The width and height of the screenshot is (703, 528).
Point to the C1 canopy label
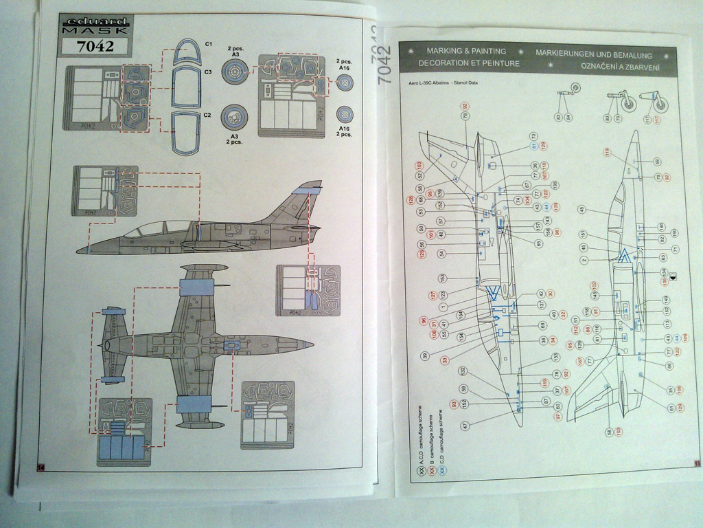click(208, 44)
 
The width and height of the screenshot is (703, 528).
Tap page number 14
click(41, 467)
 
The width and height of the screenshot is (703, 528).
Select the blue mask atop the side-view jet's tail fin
click(306, 187)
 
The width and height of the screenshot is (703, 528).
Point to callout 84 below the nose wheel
click(568, 117)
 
